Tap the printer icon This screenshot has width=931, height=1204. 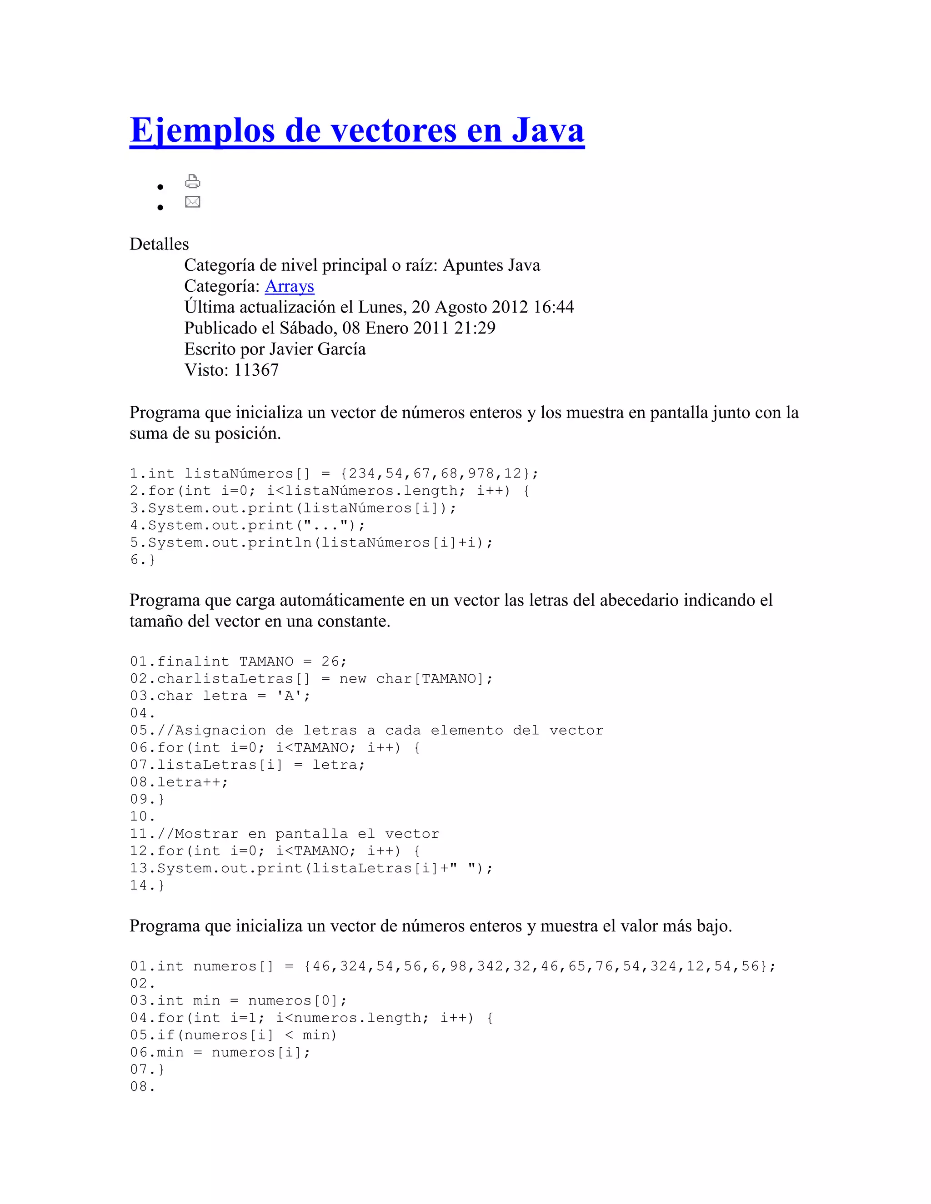coord(192,181)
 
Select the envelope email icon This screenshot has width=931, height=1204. coord(192,202)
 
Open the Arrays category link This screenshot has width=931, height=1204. coord(290,286)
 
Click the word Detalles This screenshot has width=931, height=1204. coord(159,244)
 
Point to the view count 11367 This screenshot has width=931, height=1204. coord(256,370)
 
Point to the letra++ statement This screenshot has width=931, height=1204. coord(192,782)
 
